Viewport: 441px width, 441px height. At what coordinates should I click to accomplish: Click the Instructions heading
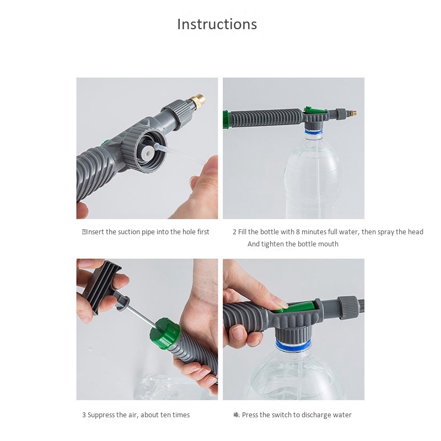[x=217, y=24]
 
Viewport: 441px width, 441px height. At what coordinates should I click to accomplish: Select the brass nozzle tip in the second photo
[x=353, y=114]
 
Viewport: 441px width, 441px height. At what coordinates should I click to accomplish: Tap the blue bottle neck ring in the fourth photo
[x=293, y=346]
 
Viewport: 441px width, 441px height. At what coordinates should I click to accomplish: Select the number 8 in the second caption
[x=298, y=232]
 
